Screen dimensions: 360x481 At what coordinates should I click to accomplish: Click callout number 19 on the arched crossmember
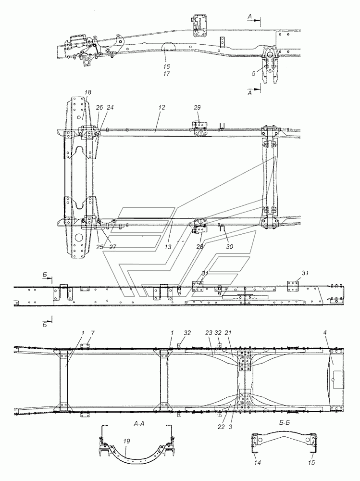point(126,441)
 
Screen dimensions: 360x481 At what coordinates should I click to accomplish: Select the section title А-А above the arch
point(139,424)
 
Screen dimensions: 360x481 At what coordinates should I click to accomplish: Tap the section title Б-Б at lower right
point(285,423)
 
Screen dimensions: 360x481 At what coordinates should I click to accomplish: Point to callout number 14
point(258,463)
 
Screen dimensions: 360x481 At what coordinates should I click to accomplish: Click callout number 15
point(311,463)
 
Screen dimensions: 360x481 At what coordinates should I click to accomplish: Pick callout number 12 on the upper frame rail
point(161,107)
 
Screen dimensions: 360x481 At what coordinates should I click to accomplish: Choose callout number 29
point(197,107)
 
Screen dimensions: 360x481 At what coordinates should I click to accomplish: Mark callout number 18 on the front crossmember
point(87,92)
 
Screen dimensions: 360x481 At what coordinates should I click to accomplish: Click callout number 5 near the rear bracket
point(254,73)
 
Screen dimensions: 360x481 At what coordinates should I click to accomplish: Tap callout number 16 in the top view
point(166,66)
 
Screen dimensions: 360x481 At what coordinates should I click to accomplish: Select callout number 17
point(166,74)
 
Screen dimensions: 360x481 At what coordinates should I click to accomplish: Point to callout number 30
point(229,246)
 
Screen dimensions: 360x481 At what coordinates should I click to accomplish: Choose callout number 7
point(93,332)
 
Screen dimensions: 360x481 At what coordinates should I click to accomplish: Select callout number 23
point(209,332)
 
